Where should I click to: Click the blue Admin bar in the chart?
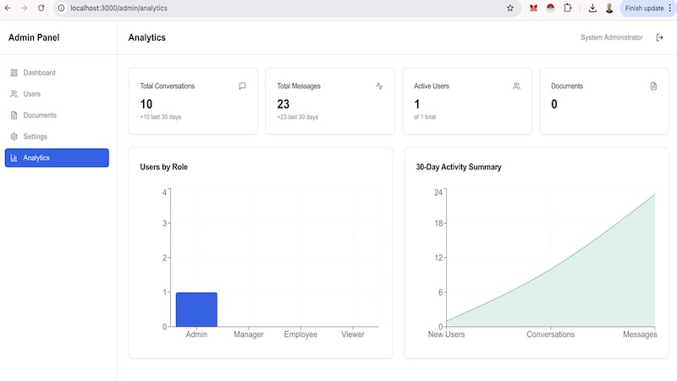coord(196,310)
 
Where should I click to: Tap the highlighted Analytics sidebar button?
coord(57,157)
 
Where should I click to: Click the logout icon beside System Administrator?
coord(659,37)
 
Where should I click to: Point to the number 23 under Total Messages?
coord(283,104)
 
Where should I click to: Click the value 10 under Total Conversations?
coord(146,104)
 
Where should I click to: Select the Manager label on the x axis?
coord(248,334)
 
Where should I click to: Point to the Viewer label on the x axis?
coord(353,334)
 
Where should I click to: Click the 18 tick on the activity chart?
coord(438,224)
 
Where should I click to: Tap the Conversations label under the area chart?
coord(551,334)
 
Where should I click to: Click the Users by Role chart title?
coord(163,167)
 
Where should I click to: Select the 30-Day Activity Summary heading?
coord(459,167)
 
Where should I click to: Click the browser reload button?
coord(41,8)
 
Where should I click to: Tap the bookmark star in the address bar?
coord(510,8)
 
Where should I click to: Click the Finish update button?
coord(644,8)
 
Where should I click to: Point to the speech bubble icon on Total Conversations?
coord(242,86)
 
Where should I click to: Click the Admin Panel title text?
coord(34,37)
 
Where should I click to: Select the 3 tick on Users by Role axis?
coord(164,224)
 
